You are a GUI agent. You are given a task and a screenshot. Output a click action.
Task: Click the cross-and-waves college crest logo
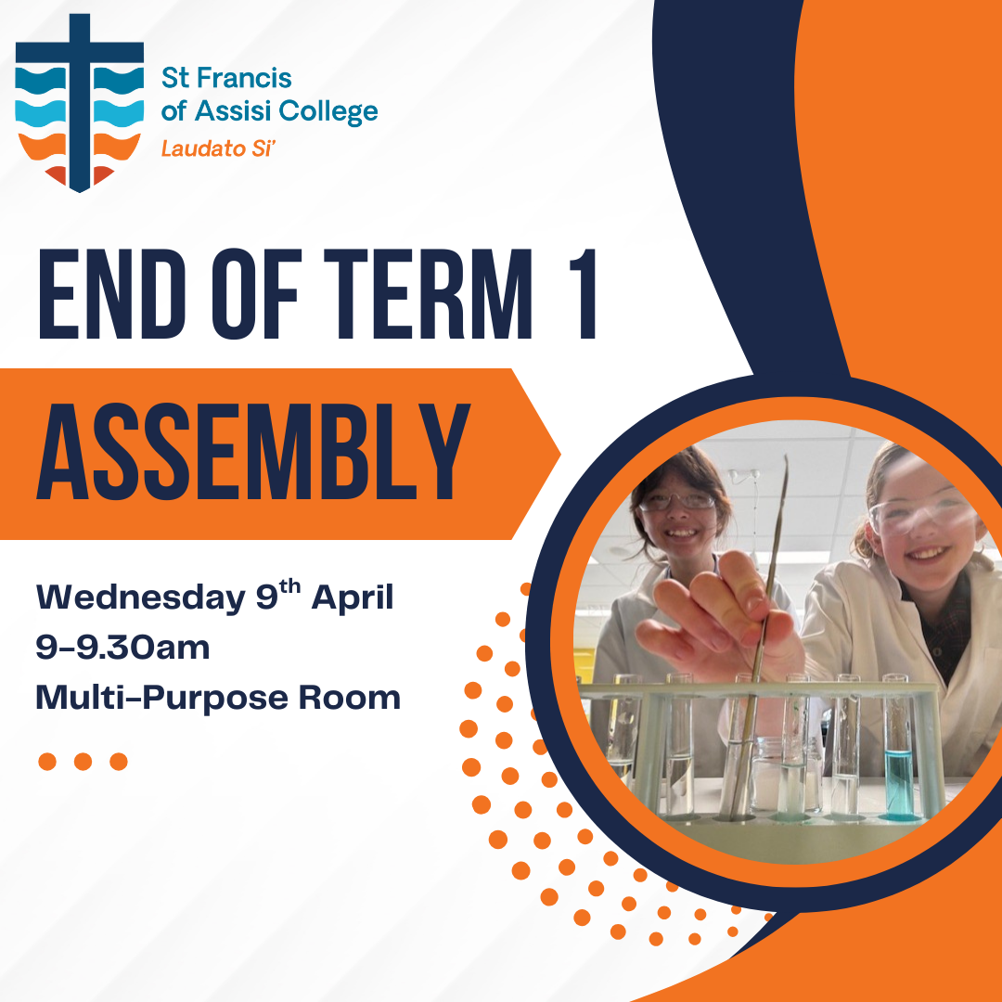click(x=79, y=103)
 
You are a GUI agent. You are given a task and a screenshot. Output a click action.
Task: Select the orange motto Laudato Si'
click(x=218, y=148)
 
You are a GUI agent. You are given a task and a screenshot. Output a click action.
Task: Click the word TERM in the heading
click(x=428, y=294)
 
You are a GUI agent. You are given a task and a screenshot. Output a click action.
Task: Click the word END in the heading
click(x=112, y=294)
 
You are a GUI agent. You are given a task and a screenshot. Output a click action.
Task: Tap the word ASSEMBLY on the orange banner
click(x=253, y=452)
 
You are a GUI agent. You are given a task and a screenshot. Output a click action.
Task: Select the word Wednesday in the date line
click(x=141, y=598)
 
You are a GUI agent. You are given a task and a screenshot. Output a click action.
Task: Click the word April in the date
click(x=353, y=599)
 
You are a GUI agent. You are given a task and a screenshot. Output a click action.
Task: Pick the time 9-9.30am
click(x=122, y=648)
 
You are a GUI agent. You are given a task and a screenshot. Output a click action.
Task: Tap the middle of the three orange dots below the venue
click(x=83, y=762)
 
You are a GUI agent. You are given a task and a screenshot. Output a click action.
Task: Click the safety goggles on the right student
click(x=918, y=513)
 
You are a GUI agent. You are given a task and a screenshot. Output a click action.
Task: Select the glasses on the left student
click(x=677, y=501)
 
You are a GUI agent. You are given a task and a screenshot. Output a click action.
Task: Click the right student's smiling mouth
click(x=927, y=552)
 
